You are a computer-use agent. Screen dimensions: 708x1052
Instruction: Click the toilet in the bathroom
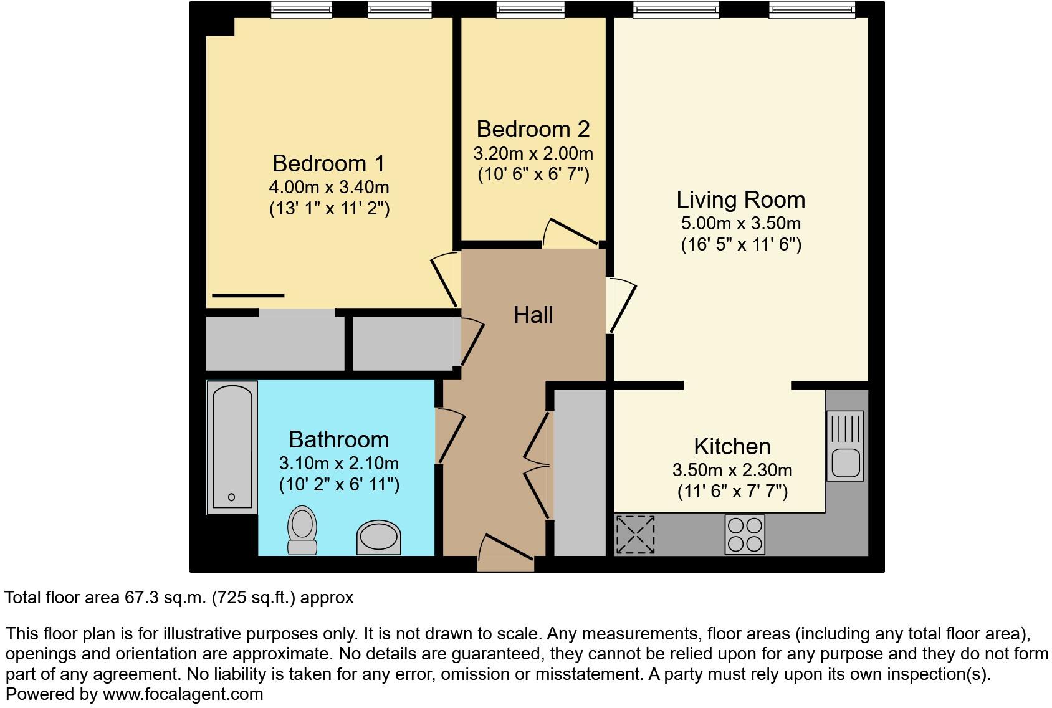click(x=302, y=530)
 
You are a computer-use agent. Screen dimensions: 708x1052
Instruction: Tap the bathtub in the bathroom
click(x=232, y=446)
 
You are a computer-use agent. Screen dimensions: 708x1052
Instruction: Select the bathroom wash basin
click(x=378, y=537)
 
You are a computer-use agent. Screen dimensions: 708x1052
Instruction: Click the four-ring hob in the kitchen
click(x=745, y=534)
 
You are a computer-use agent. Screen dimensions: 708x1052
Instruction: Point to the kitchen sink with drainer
click(x=845, y=446)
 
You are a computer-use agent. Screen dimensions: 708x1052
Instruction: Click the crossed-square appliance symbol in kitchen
click(x=635, y=534)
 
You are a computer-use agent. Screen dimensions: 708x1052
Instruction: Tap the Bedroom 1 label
click(x=328, y=163)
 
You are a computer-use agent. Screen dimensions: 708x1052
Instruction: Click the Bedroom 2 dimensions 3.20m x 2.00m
click(x=533, y=153)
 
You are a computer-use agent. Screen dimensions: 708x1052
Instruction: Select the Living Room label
click(x=740, y=199)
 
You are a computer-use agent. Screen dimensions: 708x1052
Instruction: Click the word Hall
click(x=533, y=315)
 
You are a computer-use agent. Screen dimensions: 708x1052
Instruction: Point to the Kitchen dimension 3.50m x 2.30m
click(x=732, y=470)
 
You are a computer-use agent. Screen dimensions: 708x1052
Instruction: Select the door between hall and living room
click(x=621, y=305)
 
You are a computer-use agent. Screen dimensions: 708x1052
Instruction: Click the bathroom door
click(x=450, y=436)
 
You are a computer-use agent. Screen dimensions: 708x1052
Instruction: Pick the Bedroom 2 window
click(x=530, y=9)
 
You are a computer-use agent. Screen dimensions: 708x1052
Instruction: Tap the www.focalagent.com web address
click(x=183, y=694)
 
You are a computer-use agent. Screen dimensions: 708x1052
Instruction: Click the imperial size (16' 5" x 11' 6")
click(x=740, y=244)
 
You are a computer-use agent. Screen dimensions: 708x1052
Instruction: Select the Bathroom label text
click(x=338, y=439)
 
